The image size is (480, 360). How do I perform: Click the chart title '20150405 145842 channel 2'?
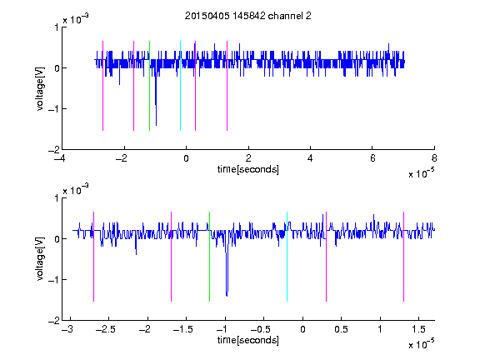248,16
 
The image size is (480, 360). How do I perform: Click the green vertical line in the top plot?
149,86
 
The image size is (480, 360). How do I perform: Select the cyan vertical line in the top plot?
180,86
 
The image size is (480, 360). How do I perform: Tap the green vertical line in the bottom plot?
209,257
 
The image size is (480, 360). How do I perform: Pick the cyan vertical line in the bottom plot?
287,257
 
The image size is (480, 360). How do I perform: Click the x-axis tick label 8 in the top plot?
434,158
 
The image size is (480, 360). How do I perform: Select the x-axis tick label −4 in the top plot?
59,158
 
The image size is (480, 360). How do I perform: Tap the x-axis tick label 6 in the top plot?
372,158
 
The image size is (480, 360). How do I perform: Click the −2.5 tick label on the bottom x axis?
105,329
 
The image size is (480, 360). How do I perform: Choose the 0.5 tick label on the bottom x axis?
341,329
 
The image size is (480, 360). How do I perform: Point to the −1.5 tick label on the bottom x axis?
182,329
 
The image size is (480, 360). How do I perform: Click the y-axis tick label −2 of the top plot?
53,150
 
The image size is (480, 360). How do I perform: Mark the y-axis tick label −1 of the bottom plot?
53,279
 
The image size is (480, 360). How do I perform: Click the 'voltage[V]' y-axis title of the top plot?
40,89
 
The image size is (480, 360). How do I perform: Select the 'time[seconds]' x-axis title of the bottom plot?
248,340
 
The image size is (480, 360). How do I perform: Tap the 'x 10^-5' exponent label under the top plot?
421,173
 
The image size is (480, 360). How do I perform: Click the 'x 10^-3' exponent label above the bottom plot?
76,189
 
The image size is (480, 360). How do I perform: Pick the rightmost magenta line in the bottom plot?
403,257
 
